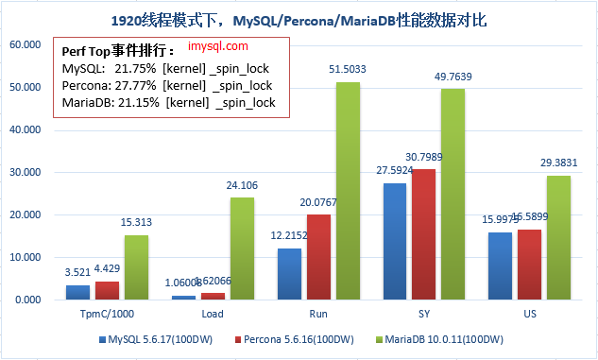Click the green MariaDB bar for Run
point(349,191)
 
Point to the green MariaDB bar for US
point(559,237)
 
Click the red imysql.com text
point(218,45)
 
